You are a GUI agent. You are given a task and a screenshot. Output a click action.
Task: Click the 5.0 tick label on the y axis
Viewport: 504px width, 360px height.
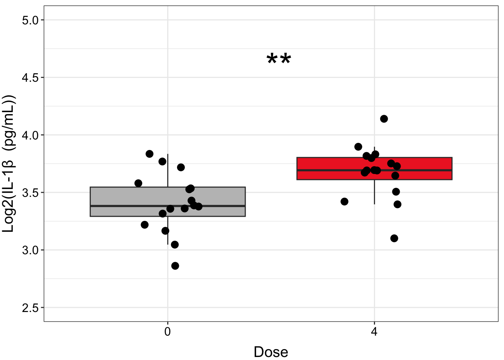point(30,20)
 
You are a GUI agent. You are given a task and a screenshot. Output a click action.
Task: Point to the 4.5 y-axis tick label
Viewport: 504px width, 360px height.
point(30,78)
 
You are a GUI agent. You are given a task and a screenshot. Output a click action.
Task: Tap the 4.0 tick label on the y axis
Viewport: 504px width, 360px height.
point(30,135)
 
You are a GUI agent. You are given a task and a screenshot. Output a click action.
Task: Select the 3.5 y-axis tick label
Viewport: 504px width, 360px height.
point(30,193)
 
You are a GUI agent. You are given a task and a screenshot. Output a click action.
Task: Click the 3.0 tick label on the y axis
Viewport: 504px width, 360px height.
point(30,250)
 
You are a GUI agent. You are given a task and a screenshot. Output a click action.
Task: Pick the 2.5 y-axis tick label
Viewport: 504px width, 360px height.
point(30,308)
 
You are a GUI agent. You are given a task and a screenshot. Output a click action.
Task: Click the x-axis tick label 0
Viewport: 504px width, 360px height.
point(168,332)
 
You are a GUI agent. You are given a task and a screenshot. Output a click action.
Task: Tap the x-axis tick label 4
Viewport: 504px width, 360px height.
point(374,332)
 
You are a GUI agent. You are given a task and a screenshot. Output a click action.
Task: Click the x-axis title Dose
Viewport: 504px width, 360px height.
point(271,352)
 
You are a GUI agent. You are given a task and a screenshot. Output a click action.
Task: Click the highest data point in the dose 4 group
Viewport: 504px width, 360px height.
point(384,119)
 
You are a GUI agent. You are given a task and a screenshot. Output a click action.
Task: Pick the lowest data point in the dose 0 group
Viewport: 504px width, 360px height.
point(175,266)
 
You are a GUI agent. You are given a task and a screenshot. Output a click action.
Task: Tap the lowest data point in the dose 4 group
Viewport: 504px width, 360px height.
point(394,238)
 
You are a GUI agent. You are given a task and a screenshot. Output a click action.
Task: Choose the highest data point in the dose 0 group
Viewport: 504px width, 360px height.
point(150,154)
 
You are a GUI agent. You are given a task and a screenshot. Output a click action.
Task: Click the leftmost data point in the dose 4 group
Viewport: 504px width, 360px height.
point(345,202)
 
